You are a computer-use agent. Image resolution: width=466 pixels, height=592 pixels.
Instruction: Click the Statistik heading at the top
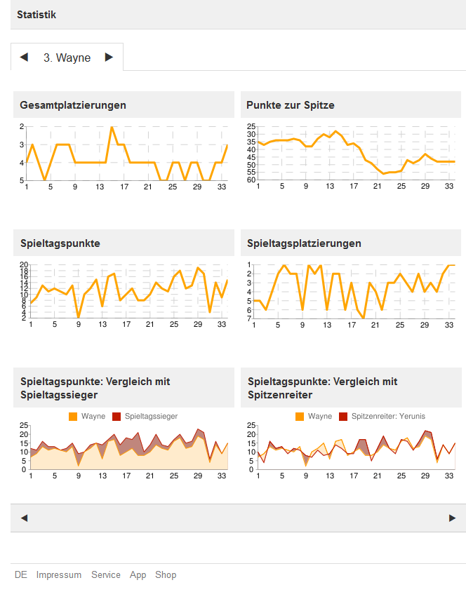[36, 14]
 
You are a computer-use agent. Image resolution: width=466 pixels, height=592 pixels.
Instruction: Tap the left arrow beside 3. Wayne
[25, 58]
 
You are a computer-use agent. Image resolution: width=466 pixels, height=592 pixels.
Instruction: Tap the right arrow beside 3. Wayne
[109, 58]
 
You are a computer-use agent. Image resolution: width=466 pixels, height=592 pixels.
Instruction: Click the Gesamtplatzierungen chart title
[74, 105]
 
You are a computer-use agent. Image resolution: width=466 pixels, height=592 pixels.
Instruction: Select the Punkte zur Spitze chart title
[291, 105]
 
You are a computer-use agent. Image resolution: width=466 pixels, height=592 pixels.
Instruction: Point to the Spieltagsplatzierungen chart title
[305, 243]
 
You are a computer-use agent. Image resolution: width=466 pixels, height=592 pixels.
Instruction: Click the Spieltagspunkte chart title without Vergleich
[60, 243]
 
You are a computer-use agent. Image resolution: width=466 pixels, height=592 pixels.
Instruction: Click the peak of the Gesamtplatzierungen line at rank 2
[112, 127]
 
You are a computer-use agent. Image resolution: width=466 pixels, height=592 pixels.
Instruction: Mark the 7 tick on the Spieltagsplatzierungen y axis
[248, 319]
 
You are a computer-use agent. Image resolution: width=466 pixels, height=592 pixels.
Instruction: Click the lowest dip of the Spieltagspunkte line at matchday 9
[79, 318]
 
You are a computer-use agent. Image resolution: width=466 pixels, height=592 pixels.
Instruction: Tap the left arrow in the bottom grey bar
[24, 518]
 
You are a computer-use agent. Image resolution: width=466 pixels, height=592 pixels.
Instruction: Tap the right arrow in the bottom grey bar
[452, 518]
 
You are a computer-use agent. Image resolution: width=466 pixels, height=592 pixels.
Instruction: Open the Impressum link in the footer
[59, 575]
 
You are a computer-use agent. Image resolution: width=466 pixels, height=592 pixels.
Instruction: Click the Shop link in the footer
[166, 575]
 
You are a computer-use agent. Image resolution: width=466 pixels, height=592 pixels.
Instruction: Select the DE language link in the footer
[21, 575]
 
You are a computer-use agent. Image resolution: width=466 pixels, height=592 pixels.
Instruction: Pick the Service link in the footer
[106, 575]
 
